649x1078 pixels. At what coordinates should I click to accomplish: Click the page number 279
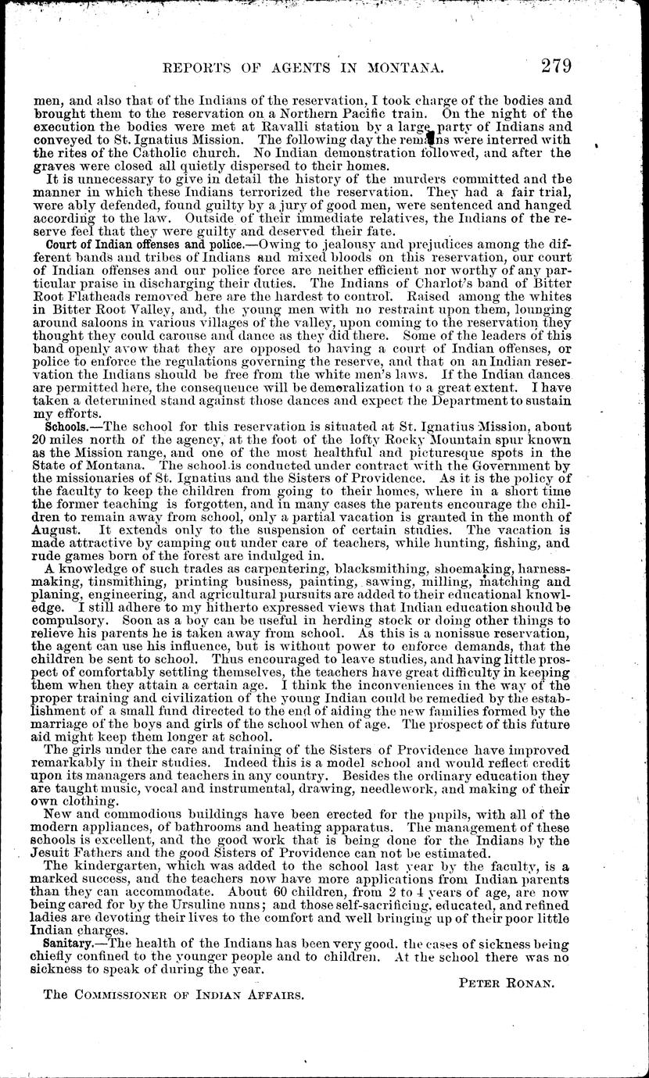pos(549,66)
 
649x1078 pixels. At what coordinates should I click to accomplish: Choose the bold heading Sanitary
pos(70,944)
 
